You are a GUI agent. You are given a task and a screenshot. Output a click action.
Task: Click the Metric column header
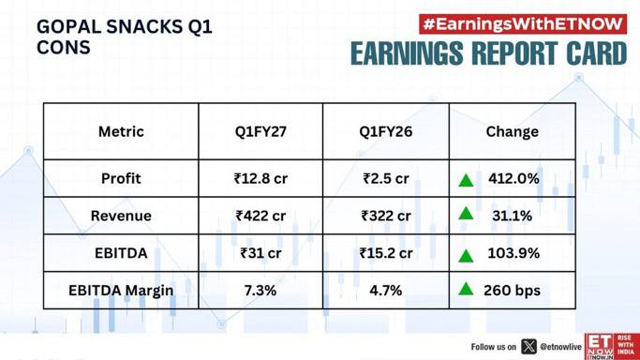coord(121,131)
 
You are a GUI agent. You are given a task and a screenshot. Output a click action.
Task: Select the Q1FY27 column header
coord(260,131)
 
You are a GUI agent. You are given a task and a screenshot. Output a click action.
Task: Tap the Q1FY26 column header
coord(386,131)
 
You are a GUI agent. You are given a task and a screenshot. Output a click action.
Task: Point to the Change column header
coord(513,131)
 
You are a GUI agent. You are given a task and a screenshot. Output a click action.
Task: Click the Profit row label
coord(121,178)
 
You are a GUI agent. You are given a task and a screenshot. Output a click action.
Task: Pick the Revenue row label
coord(121,216)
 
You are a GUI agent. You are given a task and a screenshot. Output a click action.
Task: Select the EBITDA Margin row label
coord(121,291)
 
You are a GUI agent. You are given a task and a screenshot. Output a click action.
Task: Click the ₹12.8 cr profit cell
coord(260,178)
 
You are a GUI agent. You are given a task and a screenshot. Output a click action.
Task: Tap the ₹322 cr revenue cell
coord(386,216)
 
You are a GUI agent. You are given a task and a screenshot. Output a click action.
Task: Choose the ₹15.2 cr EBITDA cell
coord(386,253)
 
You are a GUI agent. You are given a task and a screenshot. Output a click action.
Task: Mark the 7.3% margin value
coord(260,291)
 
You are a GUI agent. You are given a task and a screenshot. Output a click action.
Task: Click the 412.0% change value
coord(513,178)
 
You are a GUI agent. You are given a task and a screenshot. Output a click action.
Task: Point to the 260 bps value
coord(512,291)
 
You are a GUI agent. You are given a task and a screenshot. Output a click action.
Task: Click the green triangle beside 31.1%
coord(466,214)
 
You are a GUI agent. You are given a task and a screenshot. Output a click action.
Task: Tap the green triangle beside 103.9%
coord(466,256)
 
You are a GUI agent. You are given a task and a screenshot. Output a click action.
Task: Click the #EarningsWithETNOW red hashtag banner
coord(523,24)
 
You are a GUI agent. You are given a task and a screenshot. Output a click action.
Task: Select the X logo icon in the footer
coord(528,347)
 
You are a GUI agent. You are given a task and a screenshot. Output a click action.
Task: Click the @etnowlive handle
coord(560,347)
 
